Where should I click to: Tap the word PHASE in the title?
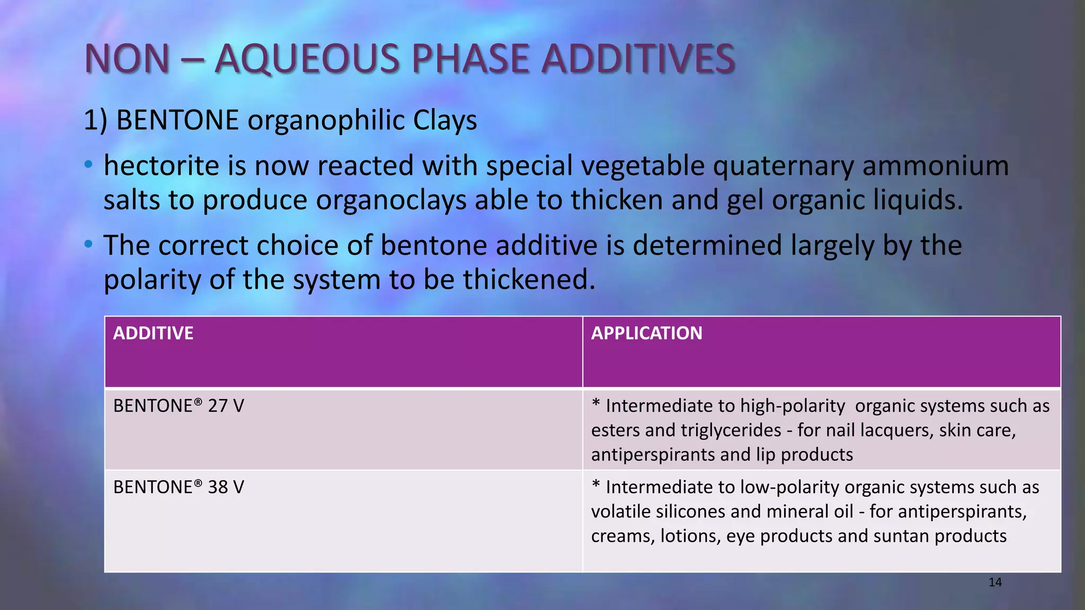pyautogui.click(x=470, y=58)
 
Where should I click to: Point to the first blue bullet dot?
pyautogui.click(x=88, y=165)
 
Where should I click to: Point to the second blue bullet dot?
pyautogui.click(x=88, y=244)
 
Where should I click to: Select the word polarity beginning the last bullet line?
pyautogui.click(x=152, y=280)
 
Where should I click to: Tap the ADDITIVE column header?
pyautogui.click(x=153, y=333)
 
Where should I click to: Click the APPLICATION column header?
pyautogui.click(x=646, y=333)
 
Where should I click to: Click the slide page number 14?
pyautogui.click(x=995, y=582)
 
